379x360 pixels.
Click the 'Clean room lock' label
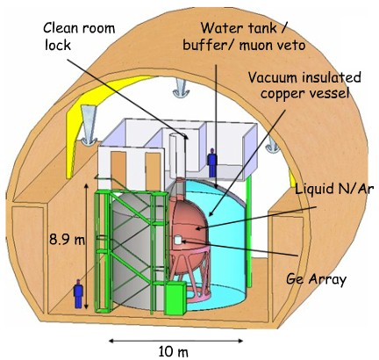pyautogui.click(x=79, y=37)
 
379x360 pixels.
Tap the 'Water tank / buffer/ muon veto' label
pyautogui.click(x=244, y=37)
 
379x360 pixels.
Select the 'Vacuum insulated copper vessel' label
pyautogui.click(x=304, y=85)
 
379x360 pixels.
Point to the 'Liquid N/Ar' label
pyautogui.click(x=334, y=189)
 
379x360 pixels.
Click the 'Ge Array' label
pyautogui.click(x=316, y=279)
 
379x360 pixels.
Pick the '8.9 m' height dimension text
pyautogui.click(x=67, y=240)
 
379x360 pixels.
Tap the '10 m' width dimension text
pyautogui.click(x=173, y=351)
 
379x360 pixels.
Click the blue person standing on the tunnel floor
pyautogui.click(x=78, y=293)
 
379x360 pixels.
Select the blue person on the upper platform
pyautogui.click(x=212, y=162)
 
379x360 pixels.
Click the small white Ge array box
pyautogui.click(x=178, y=241)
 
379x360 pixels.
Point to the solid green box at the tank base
pyautogui.click(x=175, y=299)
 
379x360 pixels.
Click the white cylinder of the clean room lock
pyautogui.click(x=177, y=156)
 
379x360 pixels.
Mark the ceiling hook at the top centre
pyautogui.click(x=181, y=88)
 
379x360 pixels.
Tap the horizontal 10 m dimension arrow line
pyautogui.click(x=175, y=341)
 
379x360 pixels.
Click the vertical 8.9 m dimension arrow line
pyautogui.click(x=86, y=247)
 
